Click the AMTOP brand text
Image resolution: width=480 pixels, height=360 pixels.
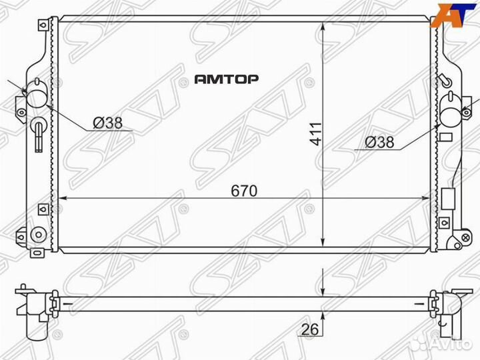[x=227, y=79]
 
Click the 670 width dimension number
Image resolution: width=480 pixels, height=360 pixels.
[x=245, y=191]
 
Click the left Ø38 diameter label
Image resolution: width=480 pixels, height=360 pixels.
[x=107, y=123]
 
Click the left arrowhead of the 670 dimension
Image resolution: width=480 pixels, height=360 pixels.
[x=63, y=198]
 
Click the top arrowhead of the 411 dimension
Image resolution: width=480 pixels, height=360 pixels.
[x=323, y=26]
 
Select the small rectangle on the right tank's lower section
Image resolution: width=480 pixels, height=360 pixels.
[x=447, y=199]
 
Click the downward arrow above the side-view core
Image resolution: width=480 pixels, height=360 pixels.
[x=323, y=287]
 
